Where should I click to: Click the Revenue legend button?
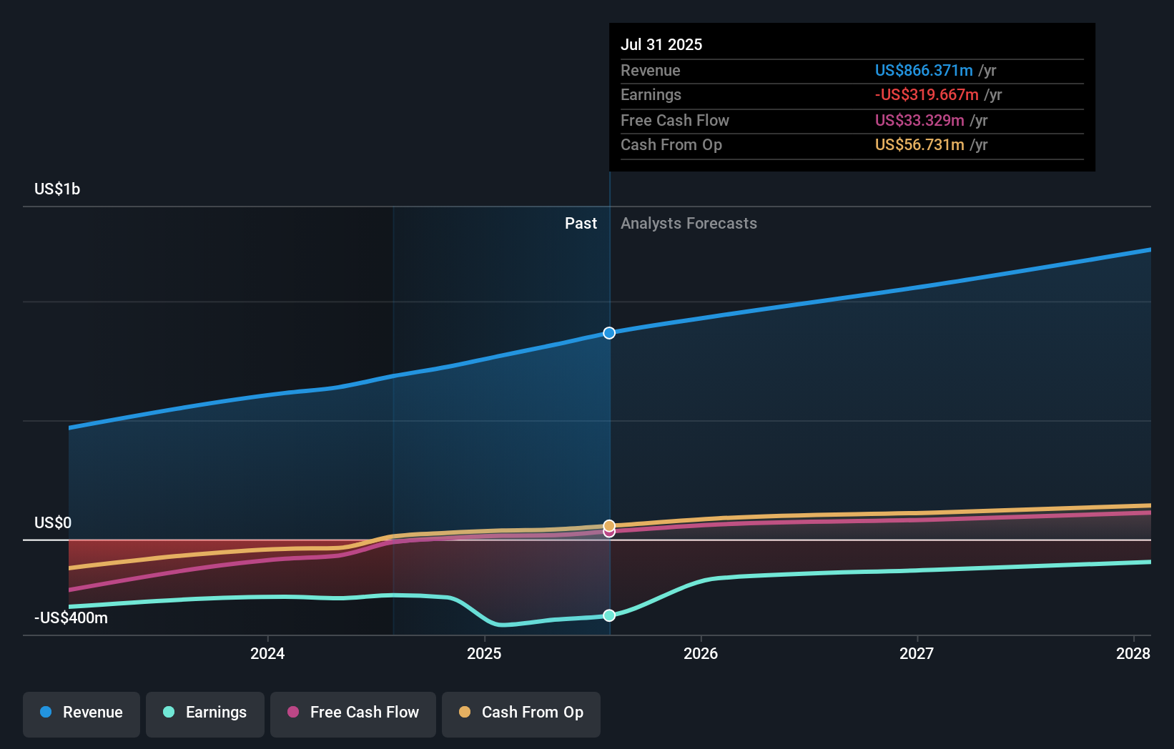[x=82, y=713]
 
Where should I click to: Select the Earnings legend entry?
[x=205, y=713]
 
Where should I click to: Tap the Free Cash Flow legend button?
[x=353, y=713]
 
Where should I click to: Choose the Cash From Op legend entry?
[x=521, y=713]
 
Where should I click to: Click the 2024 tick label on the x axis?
[x=267, y=653]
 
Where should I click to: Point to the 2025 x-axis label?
[x=484, y=653]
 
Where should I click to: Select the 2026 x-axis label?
[x=701, y=653]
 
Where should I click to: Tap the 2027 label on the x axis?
[x=917, y=653]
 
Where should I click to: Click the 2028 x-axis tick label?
[x=1133, y=653]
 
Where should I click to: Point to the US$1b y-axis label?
[x=57, y=189]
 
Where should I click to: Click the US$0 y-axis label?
[x=53, y=522]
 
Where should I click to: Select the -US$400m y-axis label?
[x=71, y=617]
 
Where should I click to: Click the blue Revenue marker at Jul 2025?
[x=609, y=333]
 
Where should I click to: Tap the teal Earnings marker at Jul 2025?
[x=609, y=615]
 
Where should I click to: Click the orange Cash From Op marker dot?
[x=609, y=525]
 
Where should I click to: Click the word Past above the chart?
[x=581, y=224]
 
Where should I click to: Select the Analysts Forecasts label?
[x=689, y=224]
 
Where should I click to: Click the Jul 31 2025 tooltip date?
[x=661, y=44]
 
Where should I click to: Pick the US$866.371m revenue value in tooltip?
[x=924, y=70]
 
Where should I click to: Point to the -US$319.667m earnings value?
[x=927, y=94]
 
